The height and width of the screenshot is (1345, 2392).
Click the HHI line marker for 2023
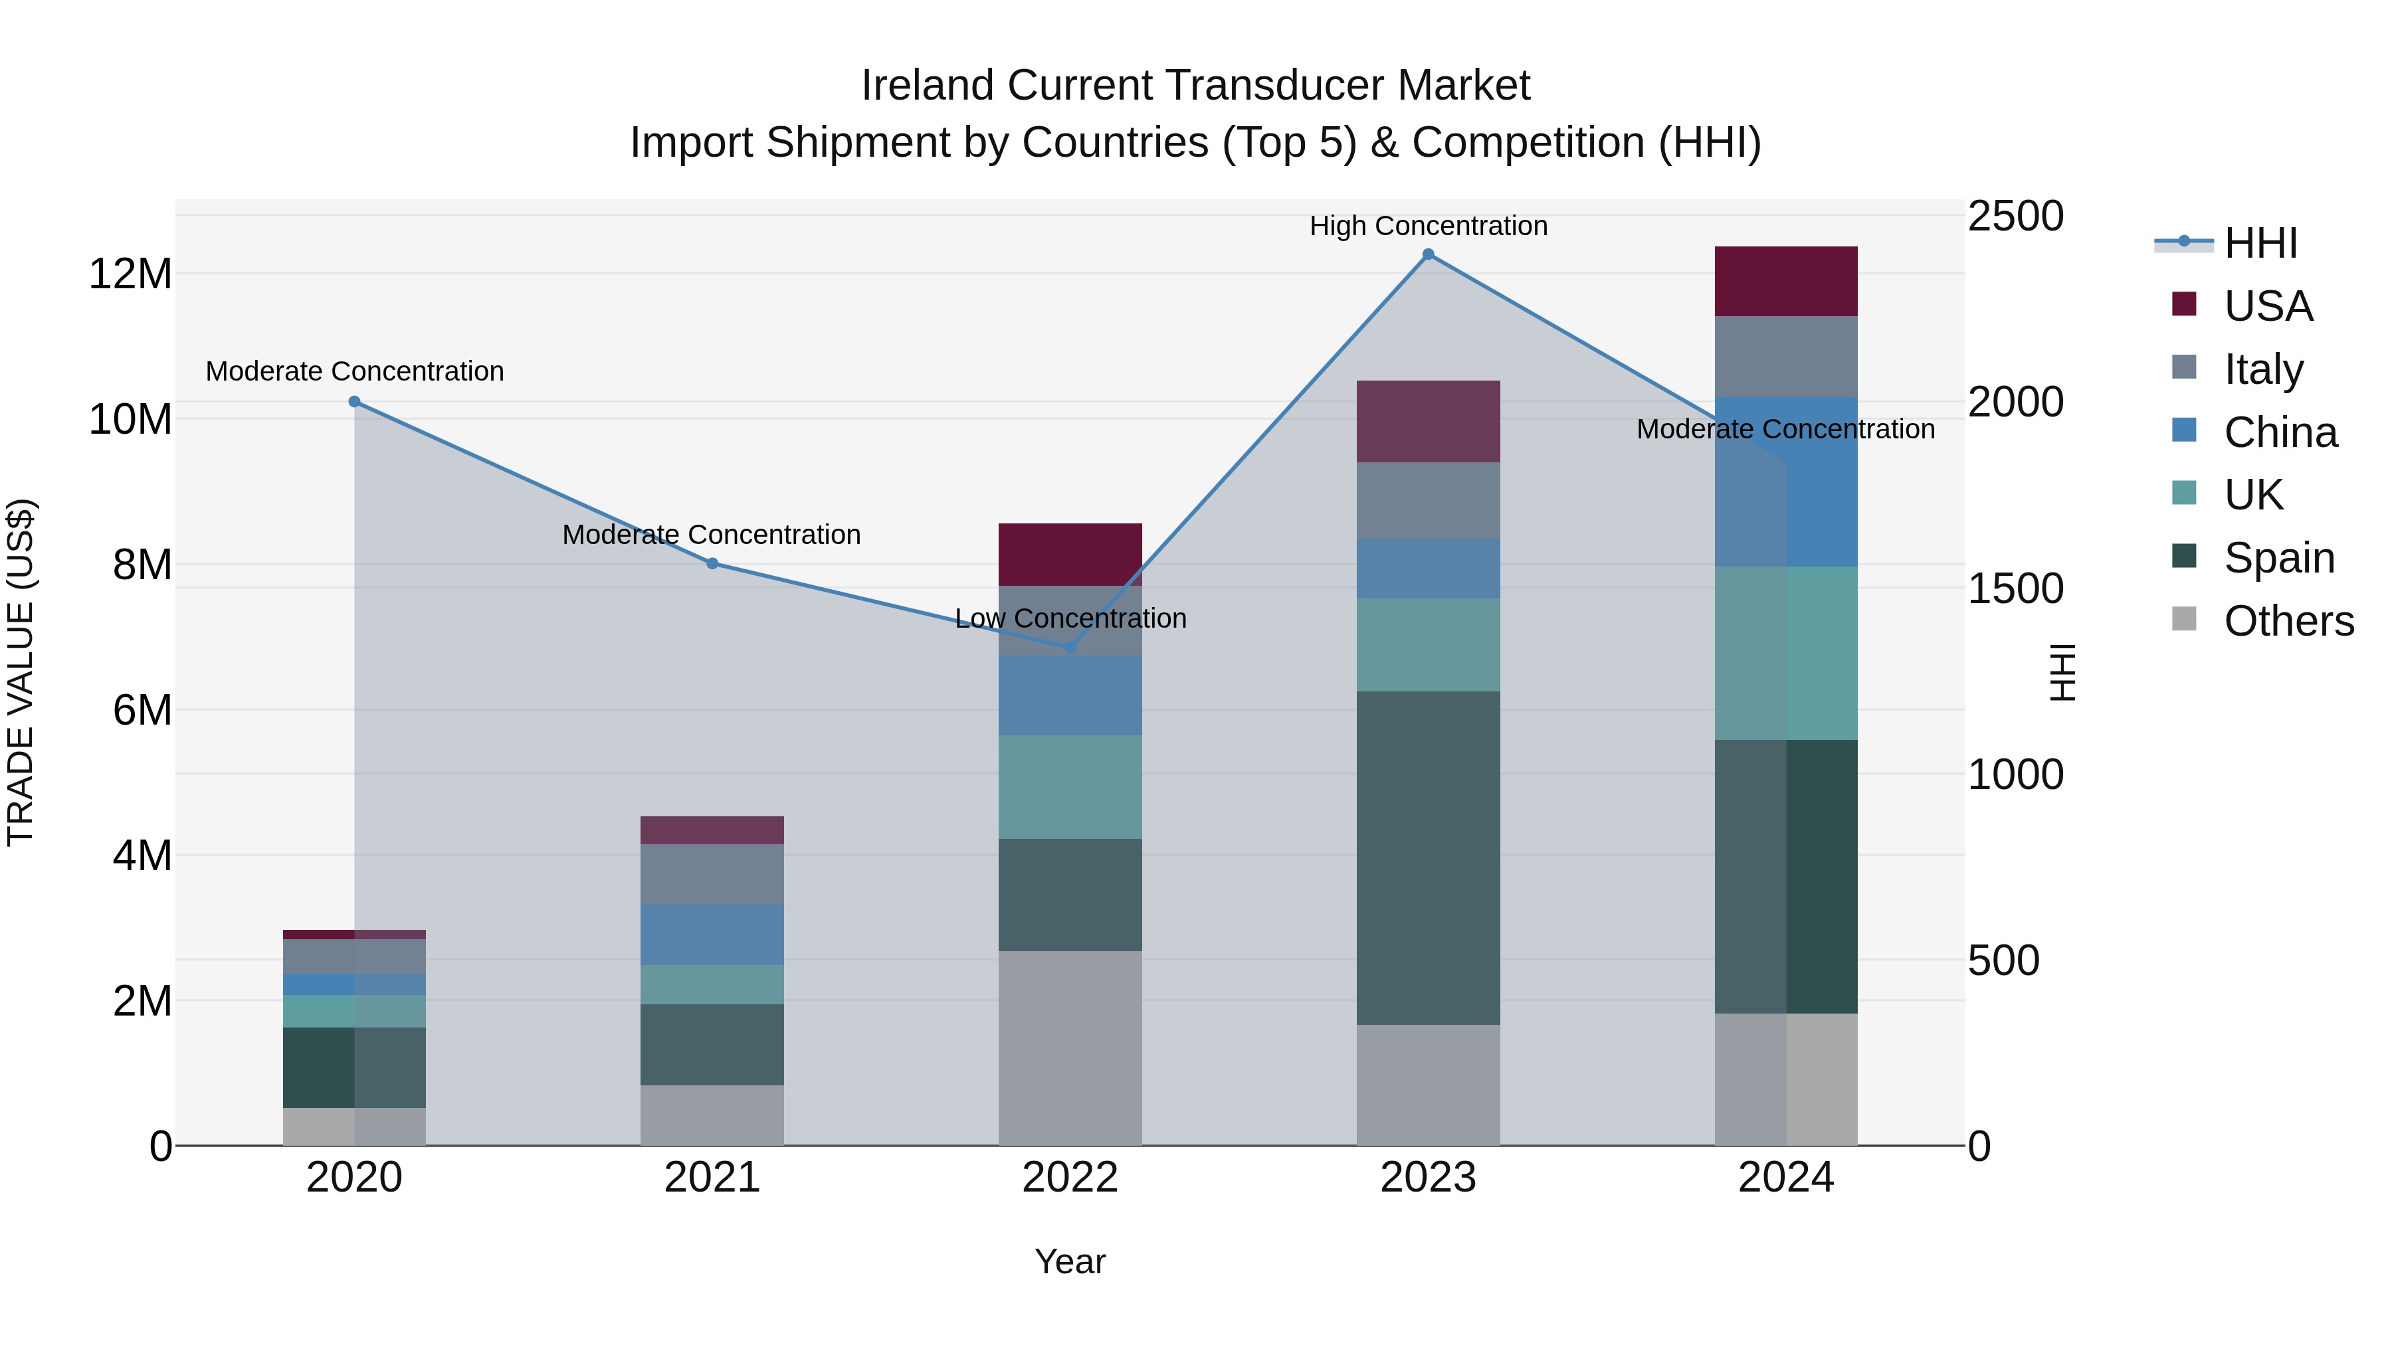point(1428,254)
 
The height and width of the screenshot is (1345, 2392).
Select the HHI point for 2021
point(712,563)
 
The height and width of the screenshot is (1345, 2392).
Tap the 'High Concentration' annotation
point(1428,226)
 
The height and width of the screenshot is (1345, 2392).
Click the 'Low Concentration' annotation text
point(1070,618)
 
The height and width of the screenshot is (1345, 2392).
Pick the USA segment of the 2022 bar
point(1070,554)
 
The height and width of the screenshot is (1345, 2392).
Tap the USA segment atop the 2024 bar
point(1785,281)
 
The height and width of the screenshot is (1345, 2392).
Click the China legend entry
point(2280,432)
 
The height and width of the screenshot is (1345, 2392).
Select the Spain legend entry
point(2279,558)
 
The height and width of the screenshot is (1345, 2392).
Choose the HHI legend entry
point(2260,243)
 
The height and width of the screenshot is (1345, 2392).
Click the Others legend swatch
point(2184,619)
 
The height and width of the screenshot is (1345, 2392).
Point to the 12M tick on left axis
point(130,274)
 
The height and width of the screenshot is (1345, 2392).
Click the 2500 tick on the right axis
point(2015,217)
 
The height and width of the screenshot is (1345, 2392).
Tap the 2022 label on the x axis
point(1070,1178)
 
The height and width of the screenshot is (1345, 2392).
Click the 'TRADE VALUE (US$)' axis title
point(21,672)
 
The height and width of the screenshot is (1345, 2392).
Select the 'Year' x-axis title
point(1070,1261)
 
